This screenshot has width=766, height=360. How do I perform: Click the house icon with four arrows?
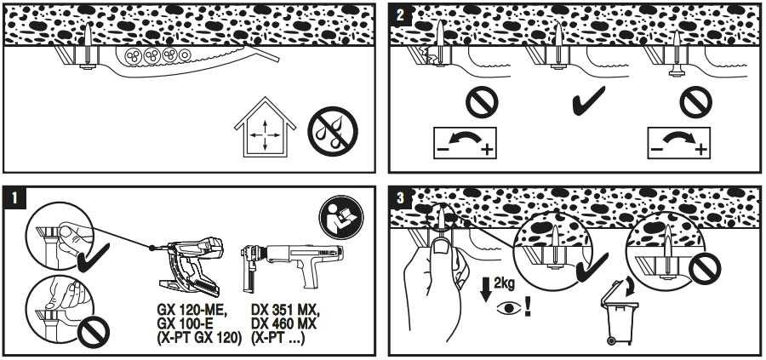[265, 128]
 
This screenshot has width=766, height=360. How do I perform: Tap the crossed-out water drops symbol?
[333, 131]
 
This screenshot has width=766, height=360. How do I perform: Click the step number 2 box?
[400, 14]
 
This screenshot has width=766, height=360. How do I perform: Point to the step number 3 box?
[400, 197]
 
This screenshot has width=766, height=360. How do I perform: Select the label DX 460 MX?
[283, 324]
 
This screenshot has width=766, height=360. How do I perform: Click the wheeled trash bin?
[620, 312]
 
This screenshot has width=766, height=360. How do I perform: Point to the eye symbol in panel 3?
[509, 309]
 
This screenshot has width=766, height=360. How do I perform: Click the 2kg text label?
[504, 283]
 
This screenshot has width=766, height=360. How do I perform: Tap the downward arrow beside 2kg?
[485, 289]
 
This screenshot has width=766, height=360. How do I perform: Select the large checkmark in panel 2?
[589, 100]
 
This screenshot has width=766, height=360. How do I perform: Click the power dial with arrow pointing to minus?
[465, 143]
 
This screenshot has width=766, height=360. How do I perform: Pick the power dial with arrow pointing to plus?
[679, 143]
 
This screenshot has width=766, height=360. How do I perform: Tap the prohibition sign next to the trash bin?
[704, 269]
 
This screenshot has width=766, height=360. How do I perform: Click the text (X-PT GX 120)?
[199, 338]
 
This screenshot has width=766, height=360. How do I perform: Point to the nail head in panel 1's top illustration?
[89, 66]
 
